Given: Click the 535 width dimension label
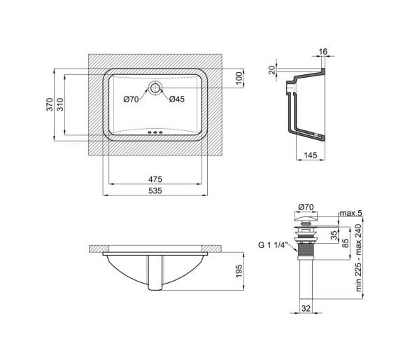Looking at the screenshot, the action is point(155,191).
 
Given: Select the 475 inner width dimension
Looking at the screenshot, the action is point(155,179).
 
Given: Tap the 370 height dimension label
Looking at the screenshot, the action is point(50,104).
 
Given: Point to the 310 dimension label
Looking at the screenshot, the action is point(60,104).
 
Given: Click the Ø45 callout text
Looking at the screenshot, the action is point(177,99).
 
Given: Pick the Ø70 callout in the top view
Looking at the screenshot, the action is point(132,99).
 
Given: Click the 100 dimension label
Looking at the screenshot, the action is point(239,78).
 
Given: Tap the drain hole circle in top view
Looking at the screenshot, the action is point(155,88).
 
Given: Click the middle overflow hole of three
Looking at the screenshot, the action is point(155,133).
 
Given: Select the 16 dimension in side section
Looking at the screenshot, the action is point(323,52).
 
